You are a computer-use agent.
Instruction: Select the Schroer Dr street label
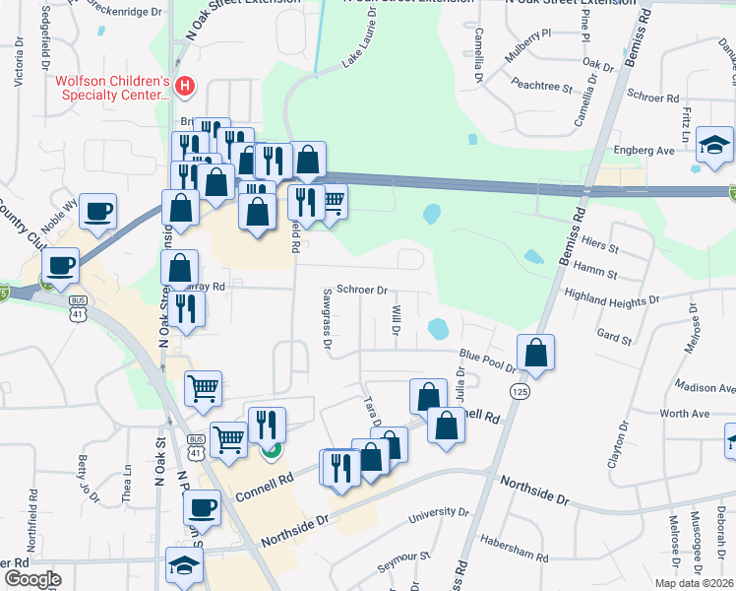363,291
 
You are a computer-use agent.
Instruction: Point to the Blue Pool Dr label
487,360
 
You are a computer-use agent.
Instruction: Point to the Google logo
31,578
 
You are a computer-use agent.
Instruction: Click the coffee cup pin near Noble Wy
98,212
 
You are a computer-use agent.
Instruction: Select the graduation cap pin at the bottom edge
184,565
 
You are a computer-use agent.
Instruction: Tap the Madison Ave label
705,388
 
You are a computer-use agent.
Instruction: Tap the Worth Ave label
685,414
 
